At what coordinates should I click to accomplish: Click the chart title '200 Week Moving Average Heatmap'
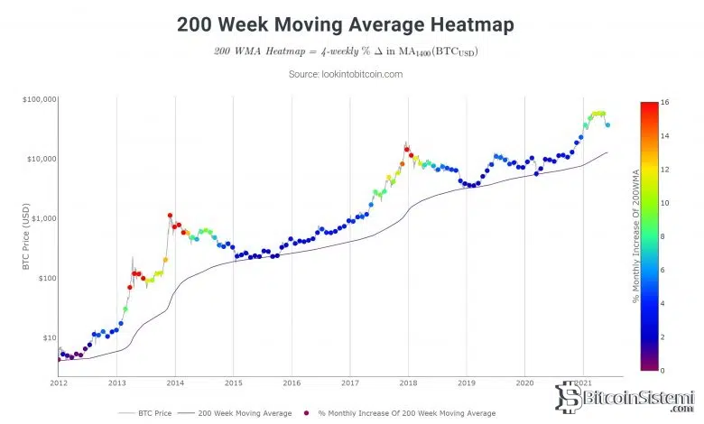[346, 24]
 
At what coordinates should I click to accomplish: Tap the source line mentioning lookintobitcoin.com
[346, 74]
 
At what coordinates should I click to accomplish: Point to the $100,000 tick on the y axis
[37, 98]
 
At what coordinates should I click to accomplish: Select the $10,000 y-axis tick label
[39, 159]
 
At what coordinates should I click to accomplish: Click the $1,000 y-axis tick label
[42, 218]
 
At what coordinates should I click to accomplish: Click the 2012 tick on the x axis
[59, 383]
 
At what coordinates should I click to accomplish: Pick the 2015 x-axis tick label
[233, 383]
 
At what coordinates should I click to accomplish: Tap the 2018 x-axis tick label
[408, 383]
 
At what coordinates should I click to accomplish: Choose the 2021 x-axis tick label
[583, 383]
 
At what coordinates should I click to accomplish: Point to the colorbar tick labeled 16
[664, 103]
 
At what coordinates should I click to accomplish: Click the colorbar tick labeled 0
[662, 370]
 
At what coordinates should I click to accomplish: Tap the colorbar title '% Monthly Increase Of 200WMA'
[636, 236]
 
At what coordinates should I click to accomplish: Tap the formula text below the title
[346, 51]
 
